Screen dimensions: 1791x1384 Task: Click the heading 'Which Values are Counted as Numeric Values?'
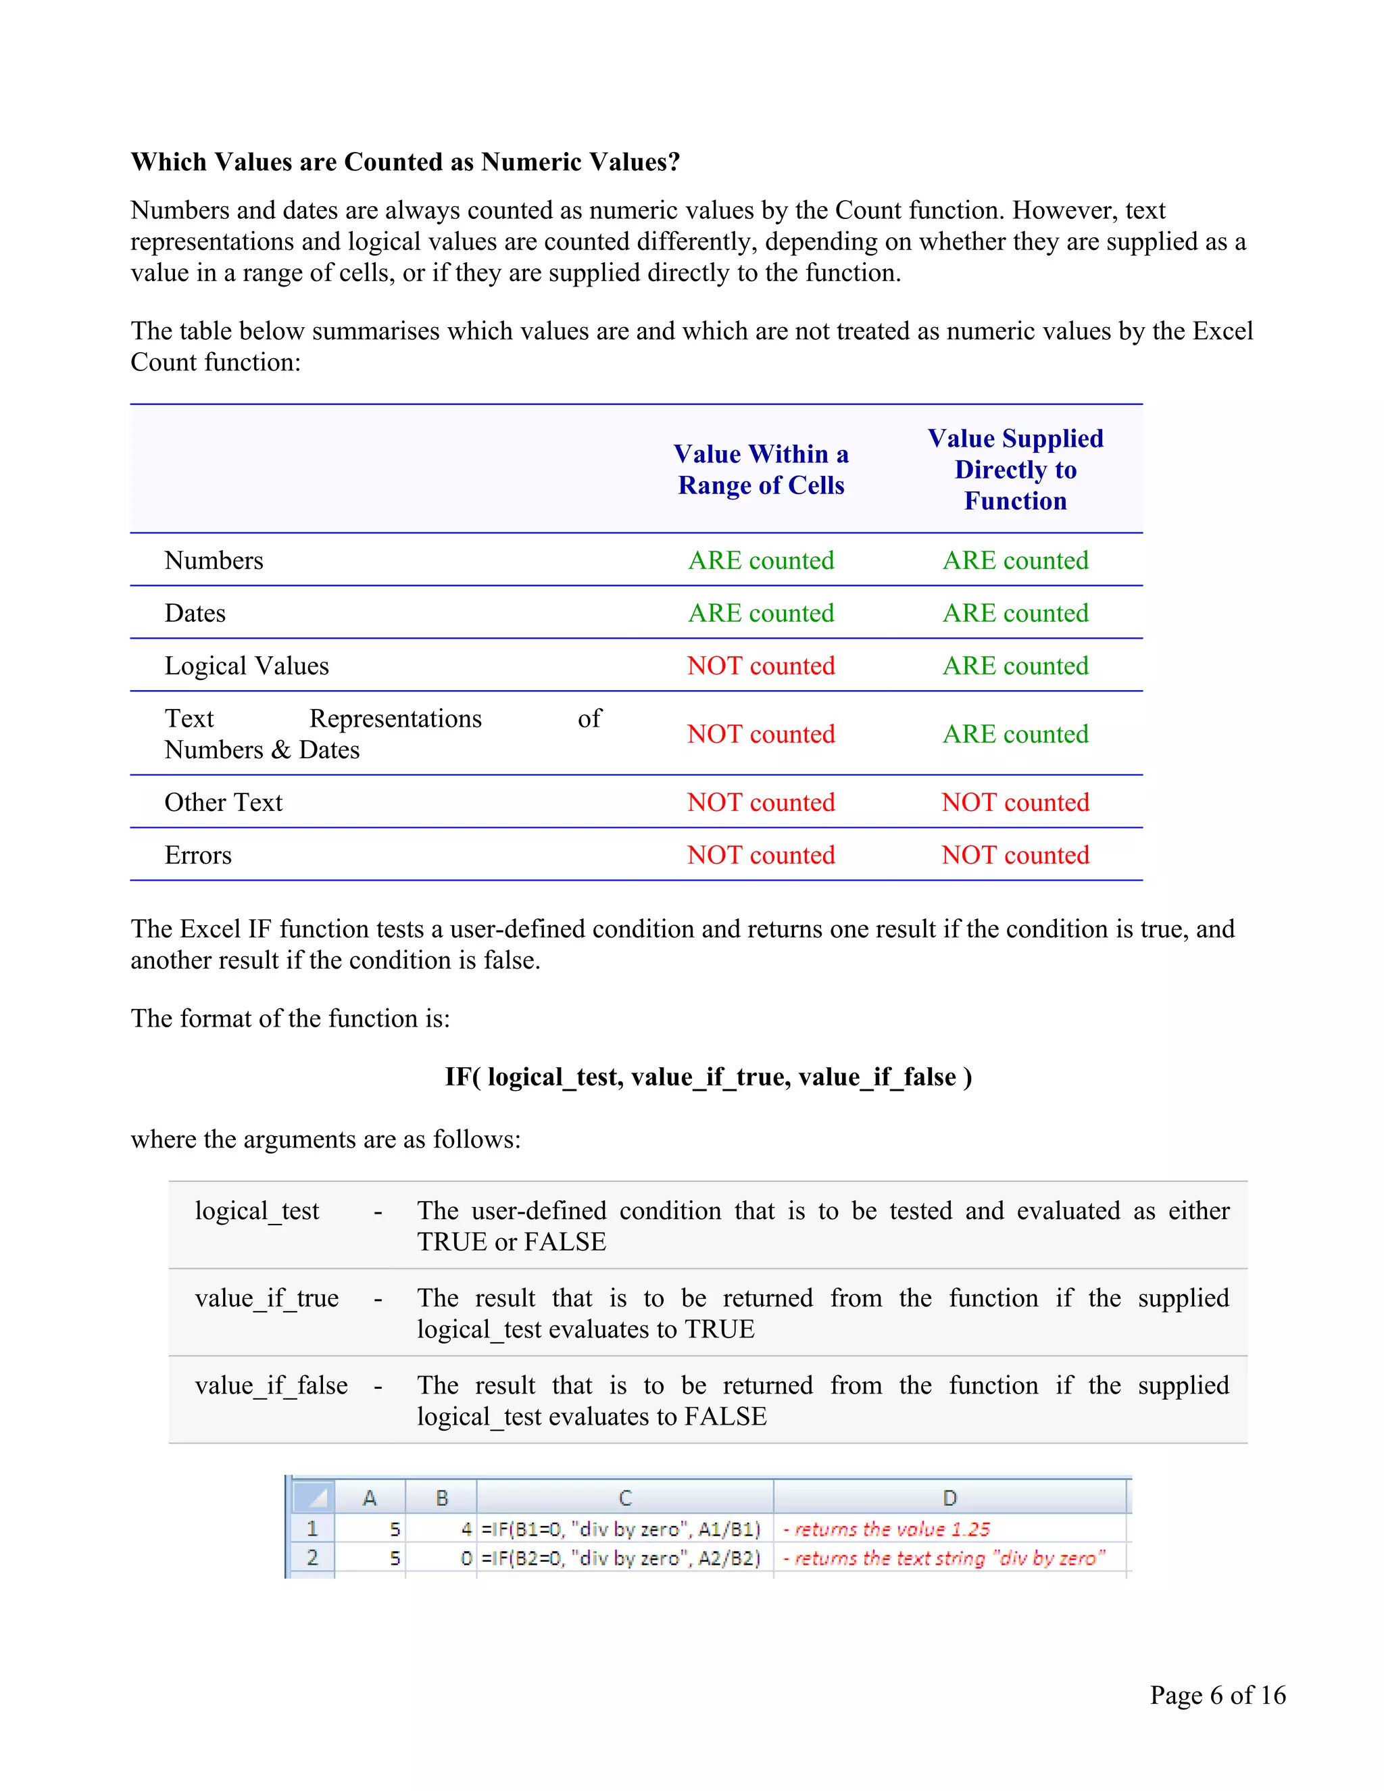click(405, 162)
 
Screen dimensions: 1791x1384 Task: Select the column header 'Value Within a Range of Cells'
click(760, 469)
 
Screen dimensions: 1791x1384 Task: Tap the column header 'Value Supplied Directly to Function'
click(1014, 469)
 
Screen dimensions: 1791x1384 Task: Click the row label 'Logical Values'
click(246, 665)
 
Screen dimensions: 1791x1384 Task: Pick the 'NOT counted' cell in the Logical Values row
click(760, 665)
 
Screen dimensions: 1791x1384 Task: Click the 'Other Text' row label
click(223, 802)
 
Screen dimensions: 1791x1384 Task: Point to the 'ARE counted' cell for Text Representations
click(1014, 733)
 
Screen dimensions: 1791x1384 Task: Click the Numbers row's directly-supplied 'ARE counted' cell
click(1014, 560)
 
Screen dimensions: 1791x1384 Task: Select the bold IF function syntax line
click(708, 1076)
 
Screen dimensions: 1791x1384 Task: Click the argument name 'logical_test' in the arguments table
click(257, 1210)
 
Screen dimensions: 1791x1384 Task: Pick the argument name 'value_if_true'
click(266, 1298)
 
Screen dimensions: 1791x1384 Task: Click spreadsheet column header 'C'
click(625, 1498)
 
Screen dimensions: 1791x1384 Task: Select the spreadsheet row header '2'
click(312, 1557)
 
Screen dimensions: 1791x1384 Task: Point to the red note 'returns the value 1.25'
click(887, 1529)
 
